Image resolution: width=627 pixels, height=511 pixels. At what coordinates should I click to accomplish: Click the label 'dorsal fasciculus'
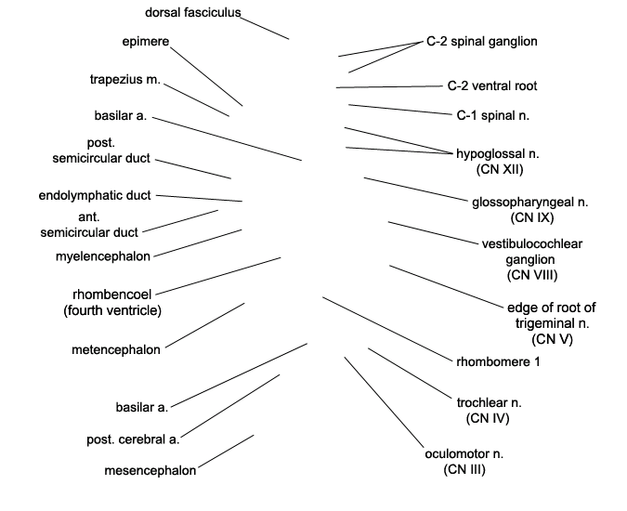[192, 13]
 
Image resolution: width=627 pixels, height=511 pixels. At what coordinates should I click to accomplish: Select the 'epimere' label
[146, 42]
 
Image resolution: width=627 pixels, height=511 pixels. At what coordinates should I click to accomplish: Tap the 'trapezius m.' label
[125, 80]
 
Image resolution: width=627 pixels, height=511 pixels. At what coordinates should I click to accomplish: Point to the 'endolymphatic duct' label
[95, 195]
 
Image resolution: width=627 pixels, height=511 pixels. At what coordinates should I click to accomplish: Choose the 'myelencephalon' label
[103, 256]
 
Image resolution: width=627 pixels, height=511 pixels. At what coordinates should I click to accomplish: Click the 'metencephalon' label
[116, 350]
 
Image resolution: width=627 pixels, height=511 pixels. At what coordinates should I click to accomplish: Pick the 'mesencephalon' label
[150, 471]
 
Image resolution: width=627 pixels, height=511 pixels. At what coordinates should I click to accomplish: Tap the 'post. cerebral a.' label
[133, 439]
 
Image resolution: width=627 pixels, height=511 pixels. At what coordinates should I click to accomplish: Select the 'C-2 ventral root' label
[492, 86]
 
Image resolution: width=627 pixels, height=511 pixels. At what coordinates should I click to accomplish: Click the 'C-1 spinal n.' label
[493, 115]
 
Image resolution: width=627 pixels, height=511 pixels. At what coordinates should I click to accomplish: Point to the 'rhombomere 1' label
[498, 361]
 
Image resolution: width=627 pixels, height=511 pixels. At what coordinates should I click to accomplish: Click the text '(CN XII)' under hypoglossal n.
[500, 169]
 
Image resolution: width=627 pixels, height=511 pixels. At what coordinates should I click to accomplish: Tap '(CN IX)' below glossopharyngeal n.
[532, 218]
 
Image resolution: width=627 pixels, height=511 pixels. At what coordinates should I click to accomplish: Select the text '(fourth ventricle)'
[112, 310]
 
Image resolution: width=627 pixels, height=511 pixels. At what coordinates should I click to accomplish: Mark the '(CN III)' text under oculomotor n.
[464, 469]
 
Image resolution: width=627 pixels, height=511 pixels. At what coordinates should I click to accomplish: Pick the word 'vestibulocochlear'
[532, 244]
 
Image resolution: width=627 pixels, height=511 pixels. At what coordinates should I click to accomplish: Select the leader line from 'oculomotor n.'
[384, 402]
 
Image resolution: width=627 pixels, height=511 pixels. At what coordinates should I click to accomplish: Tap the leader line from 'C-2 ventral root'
[389, 86]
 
